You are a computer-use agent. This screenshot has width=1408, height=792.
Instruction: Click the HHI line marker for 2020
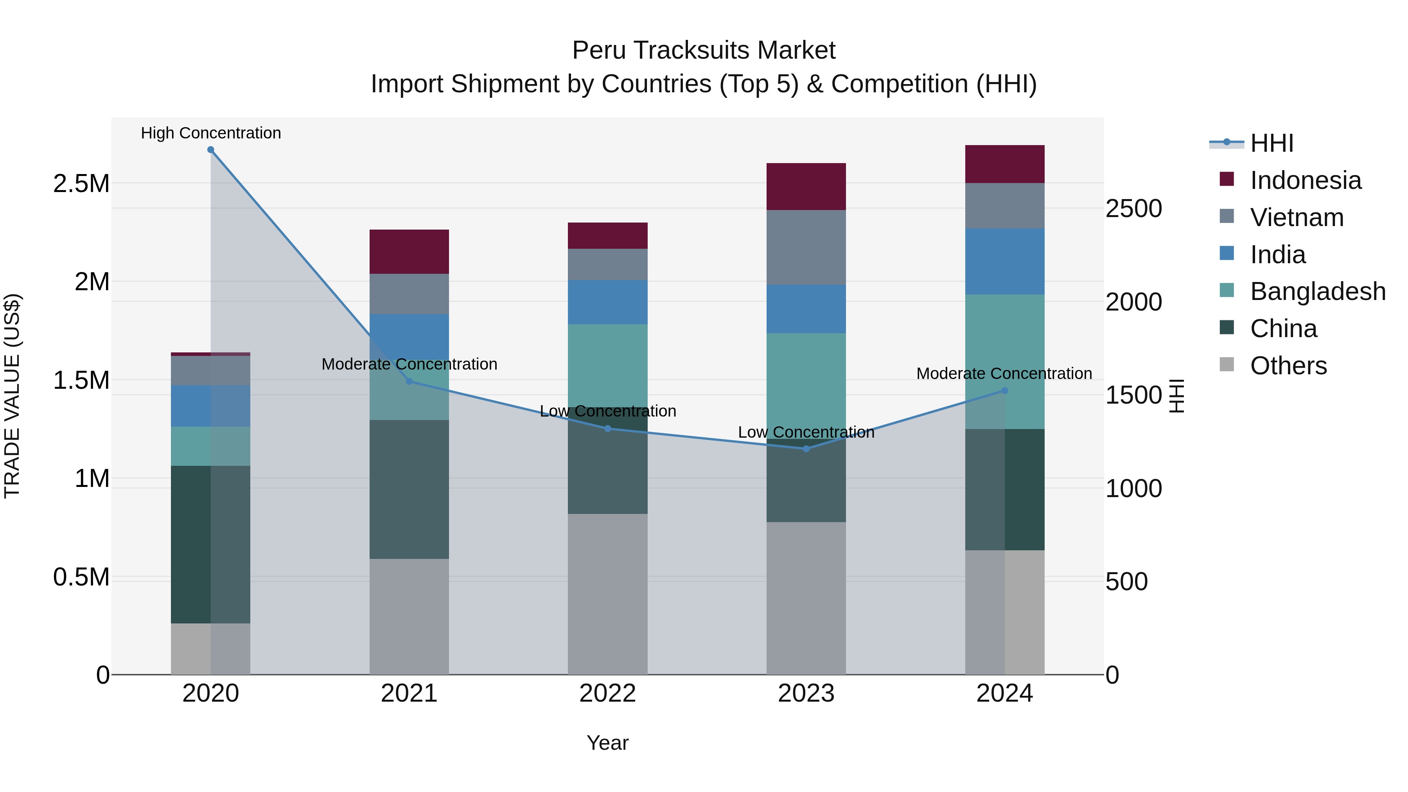[210, 150]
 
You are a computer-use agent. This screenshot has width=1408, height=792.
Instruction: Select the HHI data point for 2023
[806, 449]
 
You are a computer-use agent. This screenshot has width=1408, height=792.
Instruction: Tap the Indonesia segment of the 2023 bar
[806, 187]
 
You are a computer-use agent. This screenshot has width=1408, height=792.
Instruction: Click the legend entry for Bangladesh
[1317, 291]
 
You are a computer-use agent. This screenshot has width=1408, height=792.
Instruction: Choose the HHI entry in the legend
[1272, 143]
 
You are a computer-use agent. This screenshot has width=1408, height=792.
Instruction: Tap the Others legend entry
[1288, 366]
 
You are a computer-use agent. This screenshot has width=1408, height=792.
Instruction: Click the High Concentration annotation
[210, 133]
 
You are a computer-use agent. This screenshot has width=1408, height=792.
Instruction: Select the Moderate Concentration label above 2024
[1004, 374]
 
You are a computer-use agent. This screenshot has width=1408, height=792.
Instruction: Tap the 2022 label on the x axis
[607, 693]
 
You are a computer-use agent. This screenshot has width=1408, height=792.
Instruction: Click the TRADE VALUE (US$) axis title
[12, 396]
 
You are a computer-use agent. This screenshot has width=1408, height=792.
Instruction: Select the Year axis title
[607, 743]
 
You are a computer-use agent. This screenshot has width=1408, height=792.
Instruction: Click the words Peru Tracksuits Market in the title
[704, 50]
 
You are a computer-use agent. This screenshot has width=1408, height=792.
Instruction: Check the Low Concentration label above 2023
[806, 432]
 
